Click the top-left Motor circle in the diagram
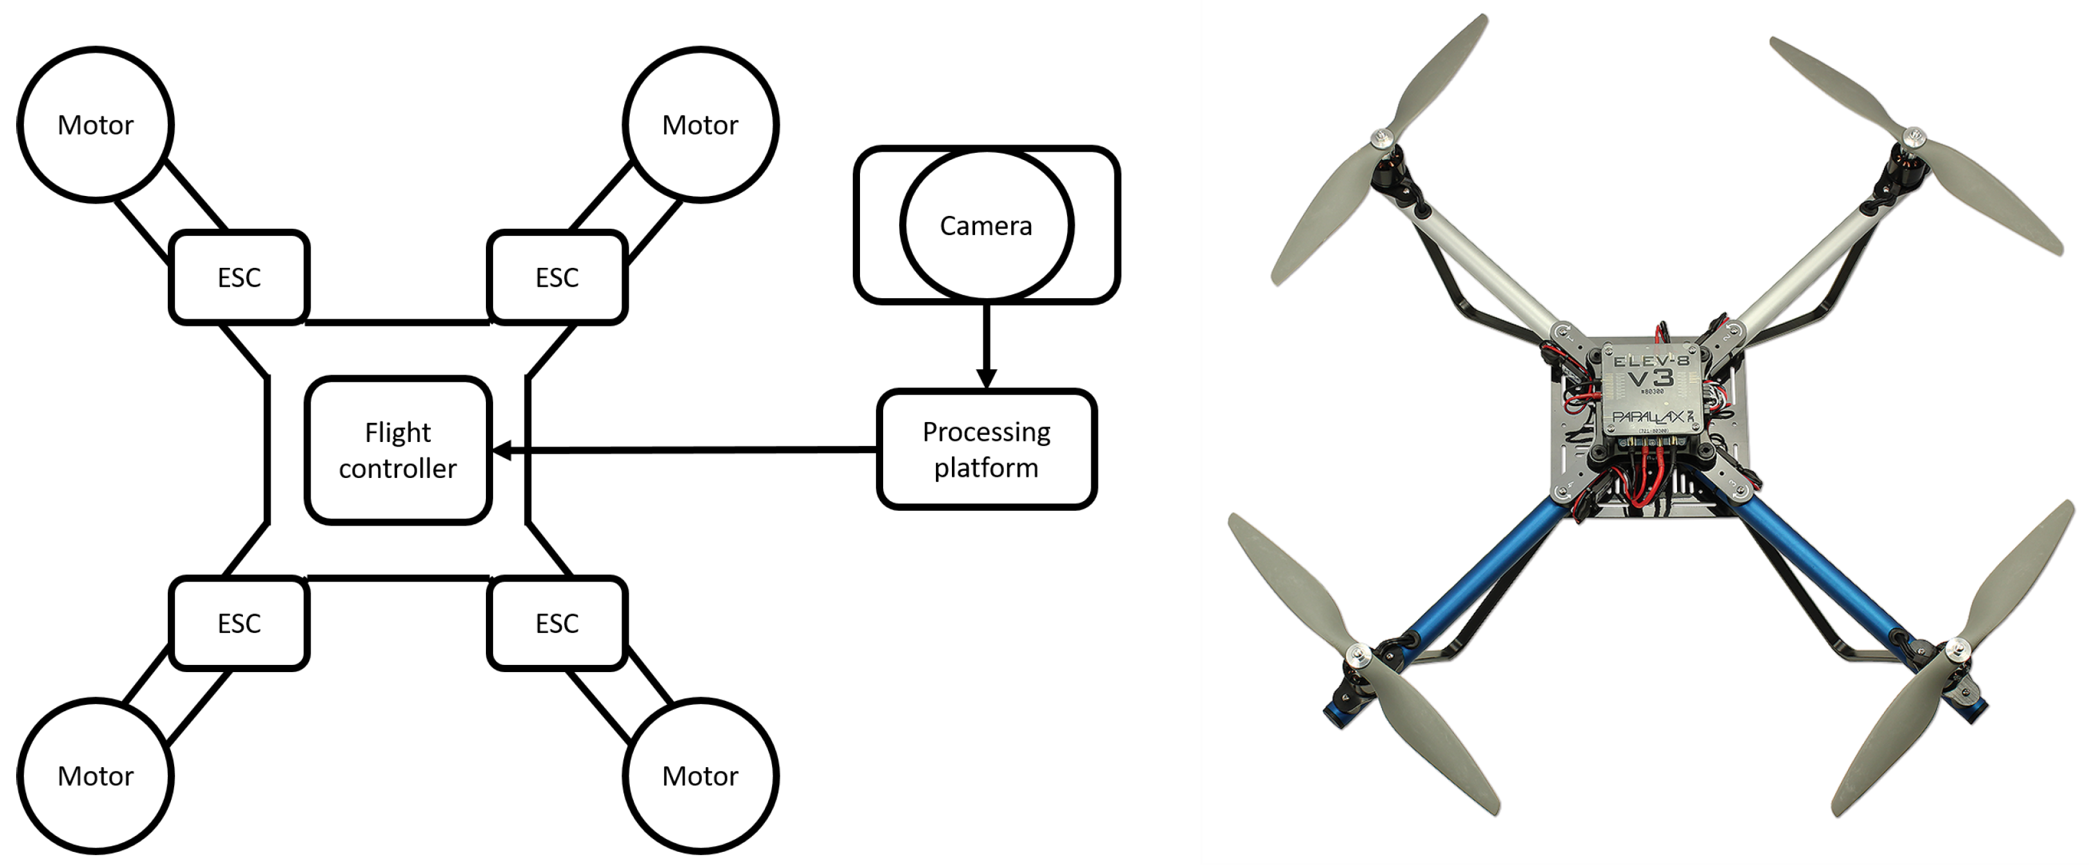[96, 124]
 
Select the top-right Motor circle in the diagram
[701, 124]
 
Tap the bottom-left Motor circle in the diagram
[96, 775]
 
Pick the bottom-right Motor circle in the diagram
[701, 775]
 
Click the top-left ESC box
[239, 277]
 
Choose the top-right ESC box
[557, 277]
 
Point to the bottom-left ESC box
[239, 623]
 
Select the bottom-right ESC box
[557, 623]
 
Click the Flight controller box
[398, 450]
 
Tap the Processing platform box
[986, 449]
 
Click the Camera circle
[986, 226]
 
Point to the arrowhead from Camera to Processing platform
[986, 378]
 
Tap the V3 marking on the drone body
[1650, 378]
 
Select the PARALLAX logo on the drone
[1649, 416]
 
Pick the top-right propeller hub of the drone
[1913, 136]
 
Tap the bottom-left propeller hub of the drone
[1358, 653]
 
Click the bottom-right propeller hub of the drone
[1957, 648]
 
